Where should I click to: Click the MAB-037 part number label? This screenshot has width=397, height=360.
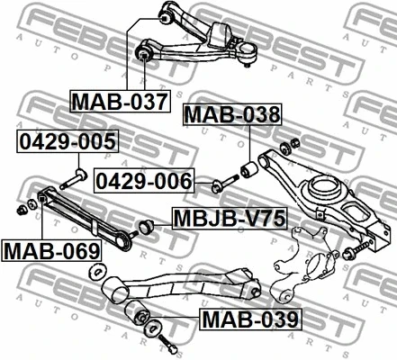click(x=120, y=101)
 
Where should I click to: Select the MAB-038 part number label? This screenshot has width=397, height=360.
click(x=232, y=114)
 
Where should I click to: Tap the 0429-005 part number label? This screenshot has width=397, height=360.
click(x=68, y=141)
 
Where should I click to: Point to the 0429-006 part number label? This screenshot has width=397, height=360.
click(x=144, y=181)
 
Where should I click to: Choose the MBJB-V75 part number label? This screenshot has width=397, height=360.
click(x=230, y=218)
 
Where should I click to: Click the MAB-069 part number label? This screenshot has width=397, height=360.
click(x=51, y=250)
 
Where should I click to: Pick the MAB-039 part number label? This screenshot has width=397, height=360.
click(x=250, y=319)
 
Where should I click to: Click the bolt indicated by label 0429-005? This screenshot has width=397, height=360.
click(x=74, y=179)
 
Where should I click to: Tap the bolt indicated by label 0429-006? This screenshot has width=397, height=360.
click(x=225, y=184)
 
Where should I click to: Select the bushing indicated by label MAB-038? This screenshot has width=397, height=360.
click(x=248, y=170)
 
